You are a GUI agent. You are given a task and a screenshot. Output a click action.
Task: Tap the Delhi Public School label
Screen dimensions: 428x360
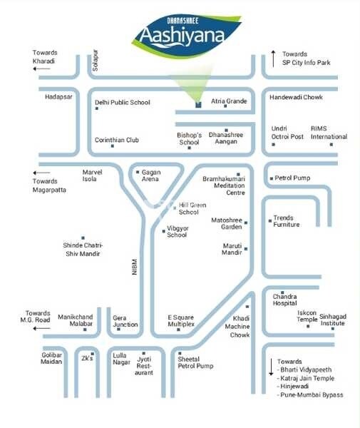pyautogui.click(x=123, y=103)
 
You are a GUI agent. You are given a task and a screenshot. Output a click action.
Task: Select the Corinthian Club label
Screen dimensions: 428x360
pyautogui.click(x=117, y=141)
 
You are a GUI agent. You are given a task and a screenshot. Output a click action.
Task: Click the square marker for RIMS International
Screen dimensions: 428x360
pyautogui.click(x=331, y=145)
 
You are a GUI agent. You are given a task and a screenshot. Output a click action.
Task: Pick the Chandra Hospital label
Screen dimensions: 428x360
pyautogui.click(x=284, y=298)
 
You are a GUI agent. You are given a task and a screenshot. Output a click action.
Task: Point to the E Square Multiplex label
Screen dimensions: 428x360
pyautogui.click(x=180, y=321)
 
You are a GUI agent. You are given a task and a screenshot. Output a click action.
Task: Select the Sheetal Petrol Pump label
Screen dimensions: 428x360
pyautogui.click(x=195, y=362)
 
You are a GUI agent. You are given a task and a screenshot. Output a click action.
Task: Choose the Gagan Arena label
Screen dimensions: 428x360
pyautogui.click(x=151, y=175)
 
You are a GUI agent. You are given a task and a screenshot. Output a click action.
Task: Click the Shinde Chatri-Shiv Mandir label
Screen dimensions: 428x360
pyautogui.click(x=83, y=249)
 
